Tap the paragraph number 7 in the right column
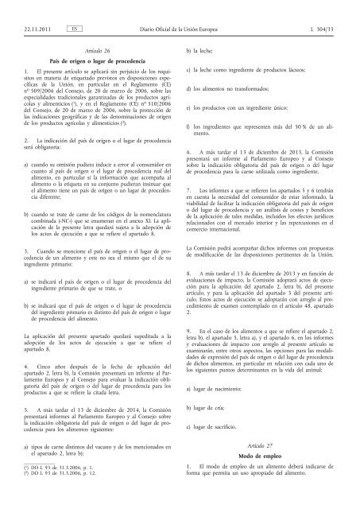188,192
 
